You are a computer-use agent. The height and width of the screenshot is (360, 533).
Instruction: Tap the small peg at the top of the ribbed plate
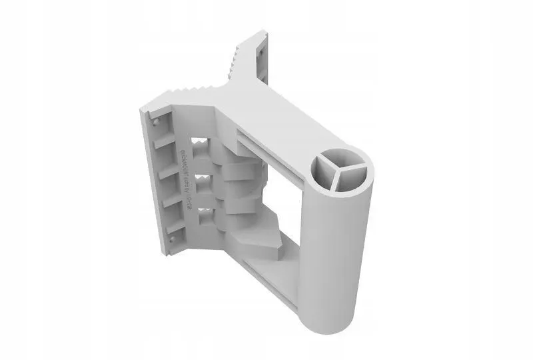coord(155,123)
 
